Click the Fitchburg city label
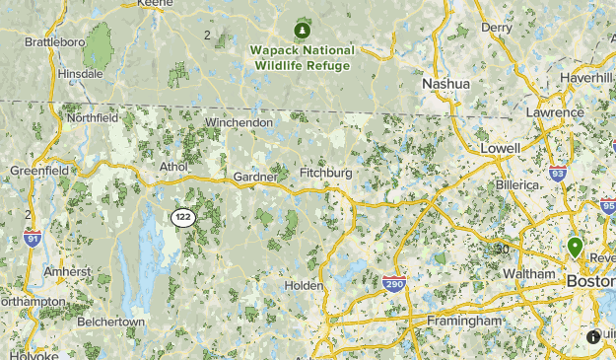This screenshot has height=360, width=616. tap(324, 174)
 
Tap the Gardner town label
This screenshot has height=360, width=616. tap(256, 177)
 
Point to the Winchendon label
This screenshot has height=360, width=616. tap(238, 122)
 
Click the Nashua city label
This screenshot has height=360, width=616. tap(445, 84)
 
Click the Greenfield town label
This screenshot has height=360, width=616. tap(39, 171)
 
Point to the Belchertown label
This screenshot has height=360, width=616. tap(110, 322)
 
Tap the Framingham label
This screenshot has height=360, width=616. tap(466, 322)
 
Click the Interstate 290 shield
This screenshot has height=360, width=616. tap(394, 284)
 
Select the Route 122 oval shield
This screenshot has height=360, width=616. tap(182, 217)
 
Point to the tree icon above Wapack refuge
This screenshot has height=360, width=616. tap(303, 31)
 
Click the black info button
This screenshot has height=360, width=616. tap(593, 336)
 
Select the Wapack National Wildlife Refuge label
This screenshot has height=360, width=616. tap(303, 57)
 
